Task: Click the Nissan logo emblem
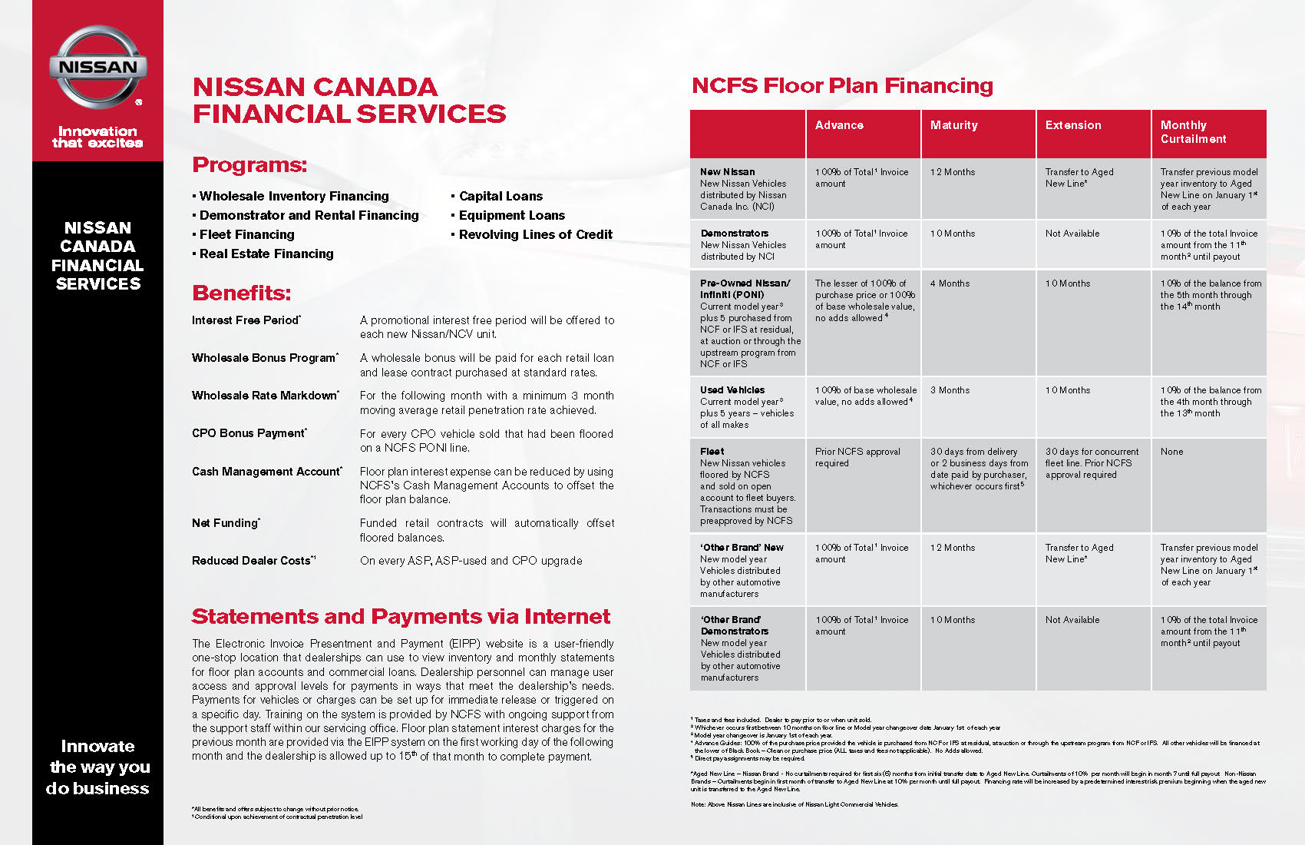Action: tap(97, 68)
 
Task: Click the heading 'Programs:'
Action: tap(249, 165)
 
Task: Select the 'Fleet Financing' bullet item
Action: tap(246, 234)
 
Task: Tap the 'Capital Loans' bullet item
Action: tap(501, 196)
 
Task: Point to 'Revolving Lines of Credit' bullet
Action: tap(535, 234)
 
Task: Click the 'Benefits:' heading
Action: tap(242, 293)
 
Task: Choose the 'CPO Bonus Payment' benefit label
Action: tap(249, 433)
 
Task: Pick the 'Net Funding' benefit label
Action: tap(225, 523)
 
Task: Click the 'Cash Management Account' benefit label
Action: tap(266, 472)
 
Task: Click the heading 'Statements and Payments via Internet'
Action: tap(401, 617)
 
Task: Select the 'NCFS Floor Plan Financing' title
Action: tap(842, 85)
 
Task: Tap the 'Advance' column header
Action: tap(839, 125)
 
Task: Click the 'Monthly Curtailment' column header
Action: tap(1193, 132)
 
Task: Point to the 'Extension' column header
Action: tap(1072, 125)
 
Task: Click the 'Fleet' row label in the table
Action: tap(712, 452)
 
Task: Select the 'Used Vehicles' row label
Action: tap(732, 390)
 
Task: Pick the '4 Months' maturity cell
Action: tap(950, 283)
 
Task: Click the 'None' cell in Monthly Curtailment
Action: tap(1171, 452)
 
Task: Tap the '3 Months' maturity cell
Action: tap(950, 390)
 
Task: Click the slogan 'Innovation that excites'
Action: tap(97, 137)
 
